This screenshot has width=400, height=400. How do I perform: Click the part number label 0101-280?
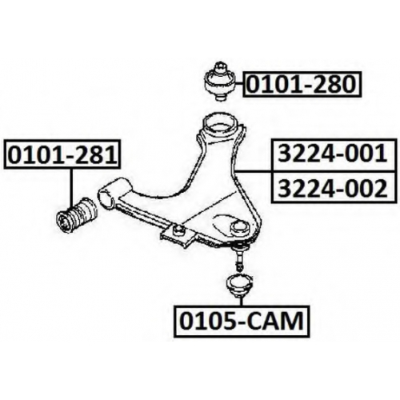[x=302, y=84]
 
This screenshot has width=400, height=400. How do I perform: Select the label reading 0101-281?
[x=63, y=154]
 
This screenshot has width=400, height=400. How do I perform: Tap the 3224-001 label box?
[x=333, y=155]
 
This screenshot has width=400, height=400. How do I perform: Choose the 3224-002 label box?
[x=333, y=187]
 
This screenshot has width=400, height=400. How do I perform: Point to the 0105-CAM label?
[x=242, y=321]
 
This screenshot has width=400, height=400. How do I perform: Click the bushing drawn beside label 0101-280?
[x=220, y=82]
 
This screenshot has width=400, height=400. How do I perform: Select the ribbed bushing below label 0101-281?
[x=77, y=215]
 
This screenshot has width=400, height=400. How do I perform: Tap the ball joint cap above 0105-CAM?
[x=239, y=286]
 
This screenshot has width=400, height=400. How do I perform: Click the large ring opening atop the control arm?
[x=220, y=124]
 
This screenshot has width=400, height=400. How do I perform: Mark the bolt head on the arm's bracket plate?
[x=179, y=229]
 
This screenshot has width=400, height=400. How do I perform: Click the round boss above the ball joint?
[x=240, y=227]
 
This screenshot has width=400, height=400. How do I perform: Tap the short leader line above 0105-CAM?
[x=241, y=302]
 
